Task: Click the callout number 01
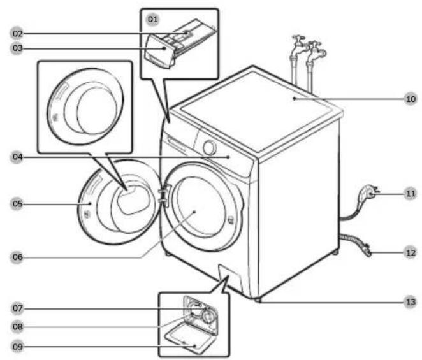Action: [x=152, y=19]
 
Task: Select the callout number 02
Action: [x=17, y=34]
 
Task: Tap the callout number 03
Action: [x=17, y=48]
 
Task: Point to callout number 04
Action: [x=17, y=157]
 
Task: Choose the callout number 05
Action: [x=17, y=204]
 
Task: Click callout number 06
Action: [x=17, y=257]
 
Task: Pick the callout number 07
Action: [x=17, y=308]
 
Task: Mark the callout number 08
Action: [x=17, y=327]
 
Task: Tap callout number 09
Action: [x=17, y=347]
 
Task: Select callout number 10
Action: [x=411, y=99]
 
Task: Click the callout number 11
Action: [x=411, y=194]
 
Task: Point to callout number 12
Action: [x=411, y=253]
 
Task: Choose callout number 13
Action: [x=411, y=303]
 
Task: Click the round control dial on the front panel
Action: [x=210, y=147]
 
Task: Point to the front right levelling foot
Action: [x=258, y=299]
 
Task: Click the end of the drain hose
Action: [x=367, y=250]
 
